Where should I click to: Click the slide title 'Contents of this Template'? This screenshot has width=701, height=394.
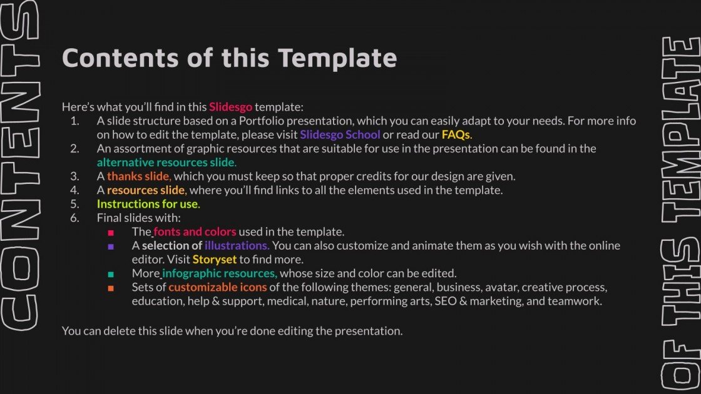[x=229, y=58]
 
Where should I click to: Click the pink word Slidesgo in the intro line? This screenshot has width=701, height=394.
[x=230, y=107]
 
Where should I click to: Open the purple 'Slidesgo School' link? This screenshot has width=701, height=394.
[x=340, y=134]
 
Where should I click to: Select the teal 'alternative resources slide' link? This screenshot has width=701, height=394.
[x=166, y=162]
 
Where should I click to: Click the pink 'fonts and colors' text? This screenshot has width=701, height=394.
[x=195, y=231]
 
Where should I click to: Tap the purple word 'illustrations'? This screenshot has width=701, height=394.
[x=237, y=245]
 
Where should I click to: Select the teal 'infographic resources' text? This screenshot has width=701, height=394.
[x=220, y=273]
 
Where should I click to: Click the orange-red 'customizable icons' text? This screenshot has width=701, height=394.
[x=218, y=287]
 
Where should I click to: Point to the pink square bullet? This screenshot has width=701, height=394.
[x=111, y=232]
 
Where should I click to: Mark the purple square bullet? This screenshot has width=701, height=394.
[x=111, y=246]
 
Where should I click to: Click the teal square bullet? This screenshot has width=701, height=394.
[x=111, y=274]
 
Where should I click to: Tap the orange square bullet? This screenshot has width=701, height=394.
[x=111, y=288]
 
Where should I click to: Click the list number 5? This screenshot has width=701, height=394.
[x=74, y=204]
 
